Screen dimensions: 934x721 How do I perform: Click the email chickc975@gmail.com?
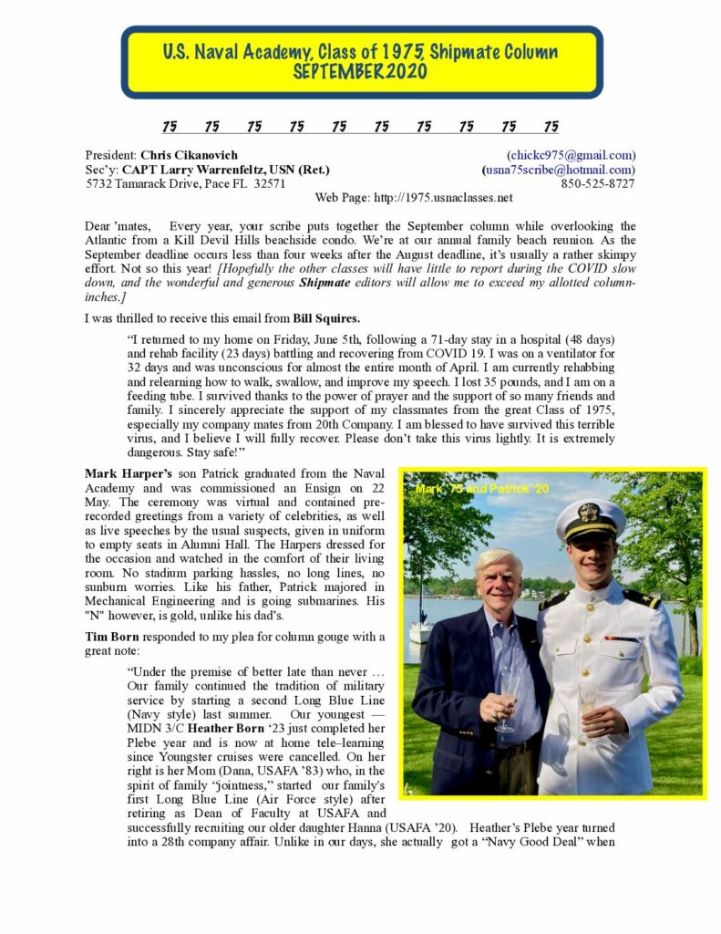(571, 155)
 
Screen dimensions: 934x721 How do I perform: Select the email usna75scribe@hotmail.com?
(559, 170)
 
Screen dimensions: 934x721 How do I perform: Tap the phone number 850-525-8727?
(598, 183)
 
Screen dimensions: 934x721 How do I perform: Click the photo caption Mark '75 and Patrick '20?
(481, 490)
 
